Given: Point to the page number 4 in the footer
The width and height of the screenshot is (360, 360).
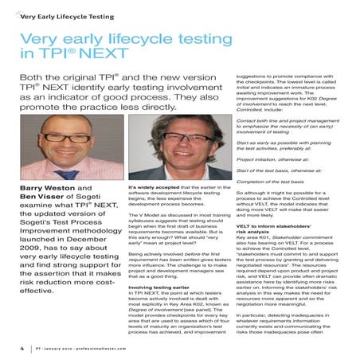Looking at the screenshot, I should pyautogui.click(x=21, y=348).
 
